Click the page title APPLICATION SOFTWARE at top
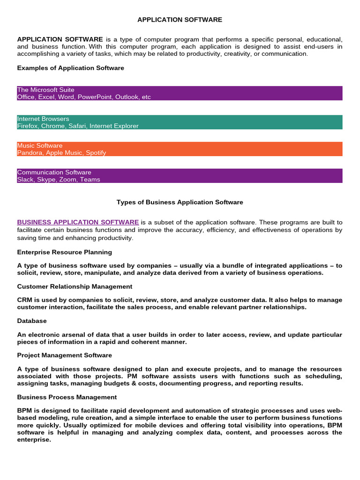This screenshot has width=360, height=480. tap(180, 20)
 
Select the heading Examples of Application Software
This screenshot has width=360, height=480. tap(71, 68)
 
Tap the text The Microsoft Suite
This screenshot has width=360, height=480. tap(45, 90)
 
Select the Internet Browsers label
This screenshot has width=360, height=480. tap(43, 119)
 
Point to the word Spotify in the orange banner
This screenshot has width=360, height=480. tap(96, 152)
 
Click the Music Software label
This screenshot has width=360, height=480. tap(40, 145)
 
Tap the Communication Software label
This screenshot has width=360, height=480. tap(54, 172)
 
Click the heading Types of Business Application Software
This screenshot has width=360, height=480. tap(180, 202)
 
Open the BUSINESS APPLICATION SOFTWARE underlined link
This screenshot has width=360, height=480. tap(78, 222)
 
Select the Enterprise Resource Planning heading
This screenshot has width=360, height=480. tap(65, 252)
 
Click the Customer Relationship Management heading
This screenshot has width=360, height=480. tap(75, 286)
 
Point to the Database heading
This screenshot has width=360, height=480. tap(32, 321)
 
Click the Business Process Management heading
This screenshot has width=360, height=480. tap(67, 397)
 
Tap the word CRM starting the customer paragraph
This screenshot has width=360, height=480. tap(24, 300)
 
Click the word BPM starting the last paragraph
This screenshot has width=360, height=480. tap(24, 411)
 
